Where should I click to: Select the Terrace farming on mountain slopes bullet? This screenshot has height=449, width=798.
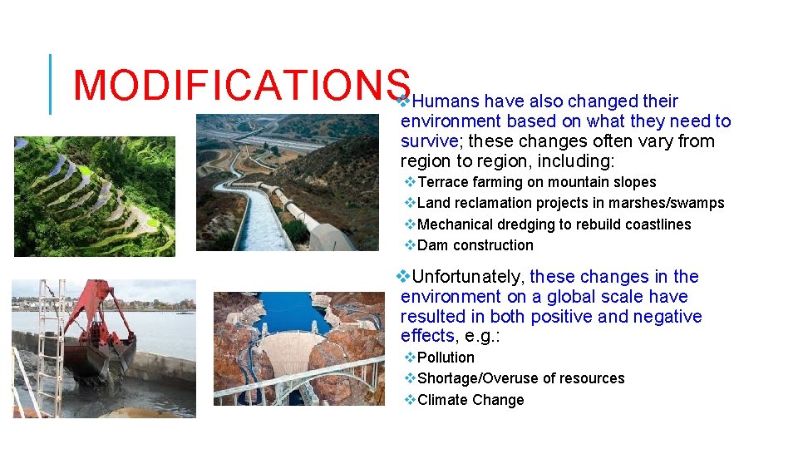pyautogui.click(x=536, y=182)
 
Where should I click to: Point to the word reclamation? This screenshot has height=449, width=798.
pyautogui.click(x=492, y=203)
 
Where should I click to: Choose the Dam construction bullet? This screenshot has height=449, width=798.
pyautogui.click(x=475, y=245)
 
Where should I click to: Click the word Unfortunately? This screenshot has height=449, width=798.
pyautogui.click(x=468, y=277)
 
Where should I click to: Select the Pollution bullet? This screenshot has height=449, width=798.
pyautogui.click(x=446, y=358)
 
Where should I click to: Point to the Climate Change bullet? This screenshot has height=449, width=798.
pyautogui.click(x=470, y=400)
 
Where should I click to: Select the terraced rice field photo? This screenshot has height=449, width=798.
pyautogui.click(x=95, y=196)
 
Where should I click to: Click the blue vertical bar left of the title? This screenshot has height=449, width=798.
pyautogui.click(x=51, y=84)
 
